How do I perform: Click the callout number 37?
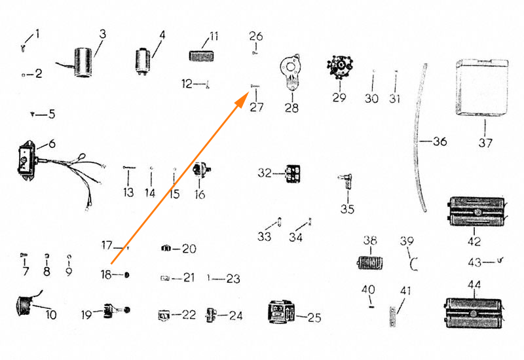pyautogui.click(x=485, y=143)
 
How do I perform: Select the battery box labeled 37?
pyautogui.click(x=482, y=88)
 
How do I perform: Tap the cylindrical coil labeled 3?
pyautogui.click(x=83, y=62)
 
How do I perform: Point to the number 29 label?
pyautogui.click(x=339, y=97)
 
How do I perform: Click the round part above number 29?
pyautogui.click(x=340, y=67)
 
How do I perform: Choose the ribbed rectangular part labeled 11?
pyautogui.click(x=201, y=56)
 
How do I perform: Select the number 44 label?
pyautogui.click(x=474, y=285)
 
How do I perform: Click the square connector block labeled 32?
pyautogui.click(x=292, y=173)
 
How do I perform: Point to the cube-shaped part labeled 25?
pyautogui.click(x=282, y=312)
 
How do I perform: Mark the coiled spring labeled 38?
pyautogui.click(x=369, y=262)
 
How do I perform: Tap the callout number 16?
pyautogui.click(x=200, y=194)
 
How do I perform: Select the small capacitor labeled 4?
pyautogui.click(x=143, y=62)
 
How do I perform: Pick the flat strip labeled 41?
pyautogui.click(x=392, y=316)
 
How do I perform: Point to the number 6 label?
pyautogui.click(x=52, y=144)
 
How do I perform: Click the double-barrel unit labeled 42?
pyautogui.click(x=475, y=211)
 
